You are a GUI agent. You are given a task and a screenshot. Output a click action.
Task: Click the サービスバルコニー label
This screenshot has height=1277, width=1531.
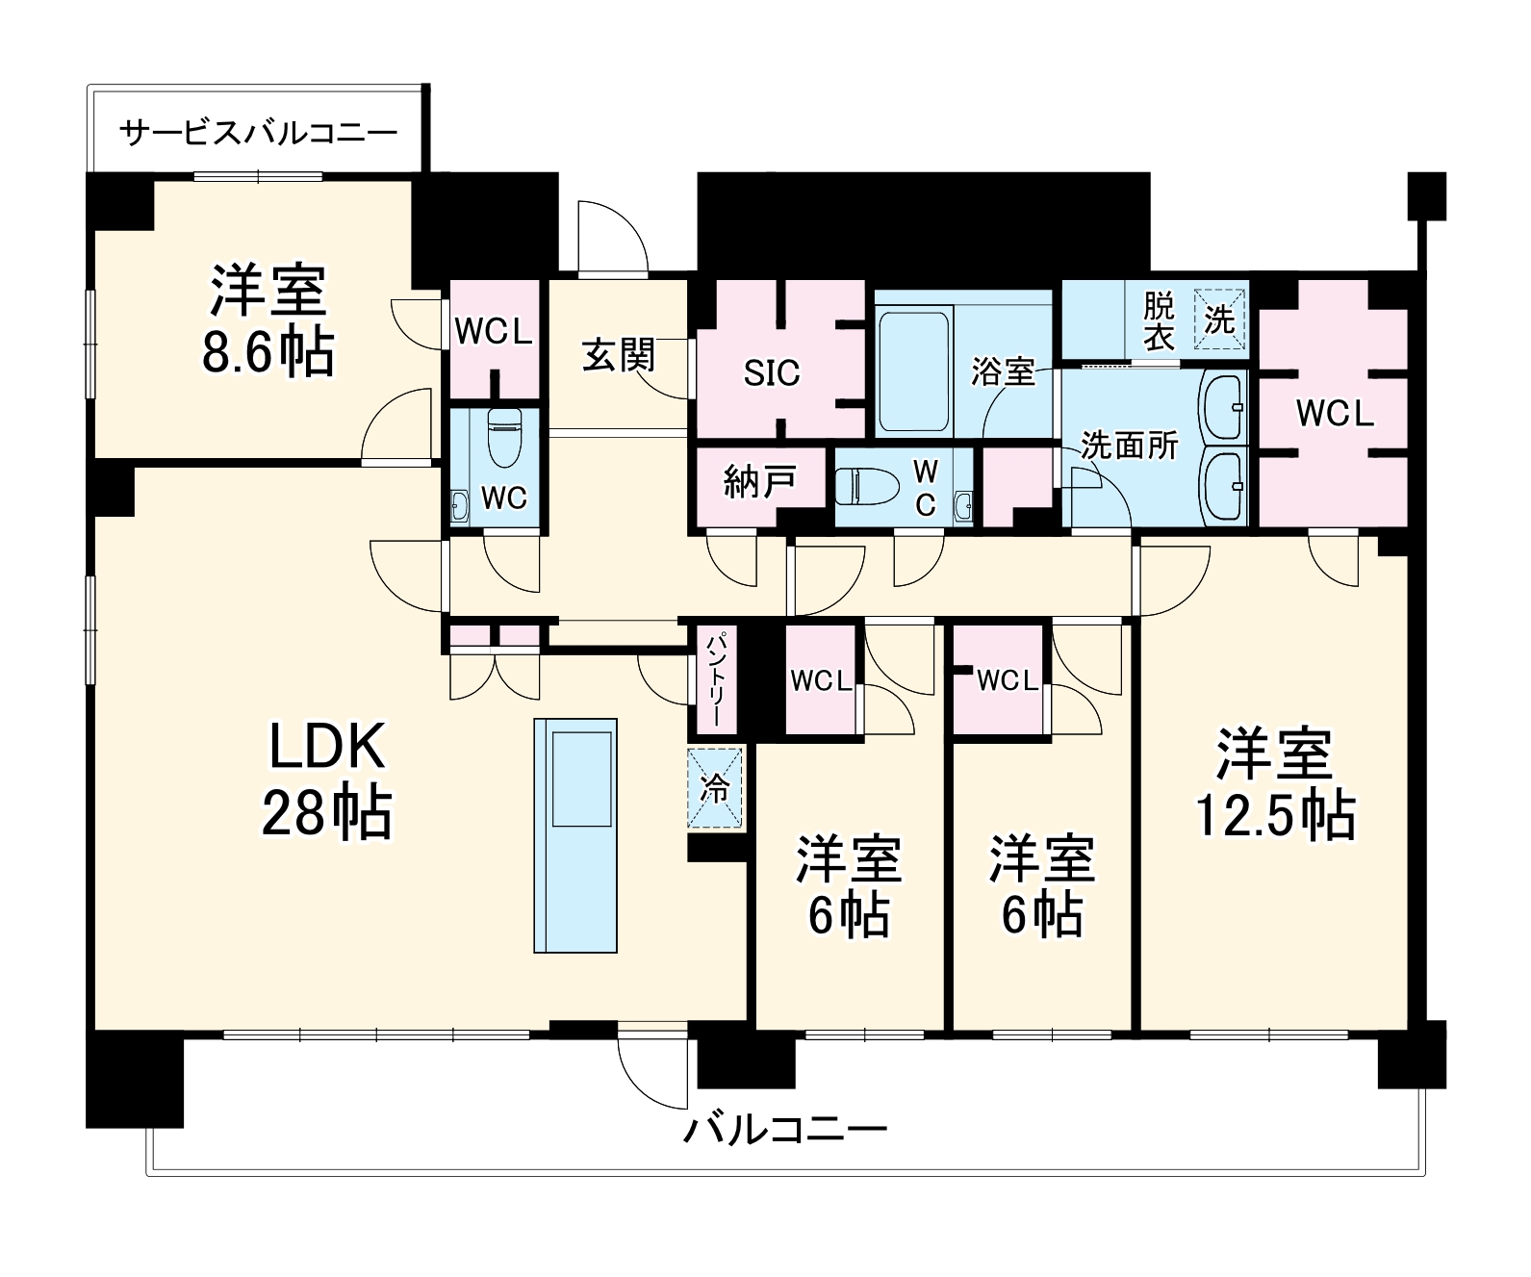point(258,131)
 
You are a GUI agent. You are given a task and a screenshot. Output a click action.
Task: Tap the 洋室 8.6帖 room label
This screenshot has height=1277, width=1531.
point(268,321)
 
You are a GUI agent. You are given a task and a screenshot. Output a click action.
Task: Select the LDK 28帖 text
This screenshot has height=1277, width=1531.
point(326,779)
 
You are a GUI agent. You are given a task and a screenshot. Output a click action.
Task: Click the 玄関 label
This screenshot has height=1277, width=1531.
point(618,355)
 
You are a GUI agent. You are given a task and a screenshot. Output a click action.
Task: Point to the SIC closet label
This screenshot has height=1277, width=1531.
point(771,373)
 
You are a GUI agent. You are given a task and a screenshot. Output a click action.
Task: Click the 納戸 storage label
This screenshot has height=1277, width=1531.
point(759,482)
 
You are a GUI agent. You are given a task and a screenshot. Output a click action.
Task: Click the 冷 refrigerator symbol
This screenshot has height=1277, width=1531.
point(716,788)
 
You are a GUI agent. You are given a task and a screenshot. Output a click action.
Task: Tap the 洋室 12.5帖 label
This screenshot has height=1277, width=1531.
point(1274,784)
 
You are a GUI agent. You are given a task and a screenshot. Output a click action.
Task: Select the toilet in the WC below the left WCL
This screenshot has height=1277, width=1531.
point(503,438)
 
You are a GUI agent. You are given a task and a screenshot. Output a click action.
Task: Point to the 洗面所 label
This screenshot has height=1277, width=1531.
point(1128,446)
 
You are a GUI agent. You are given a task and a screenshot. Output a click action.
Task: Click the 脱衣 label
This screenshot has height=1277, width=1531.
point(1159,321)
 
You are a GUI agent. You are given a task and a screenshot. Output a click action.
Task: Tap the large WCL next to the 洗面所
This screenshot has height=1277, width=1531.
point(1334,414)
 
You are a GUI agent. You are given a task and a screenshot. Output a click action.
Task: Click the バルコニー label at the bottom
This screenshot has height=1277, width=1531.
point(784,1128)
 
